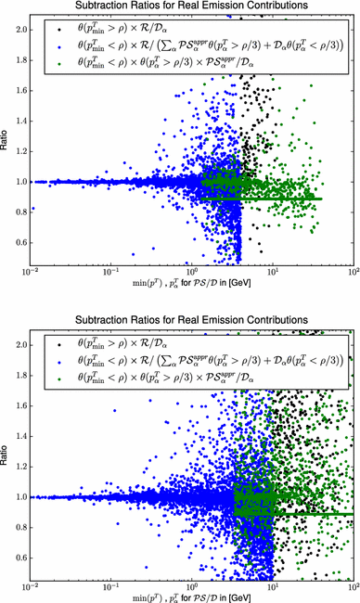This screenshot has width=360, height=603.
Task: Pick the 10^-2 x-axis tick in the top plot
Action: point(32,275)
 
